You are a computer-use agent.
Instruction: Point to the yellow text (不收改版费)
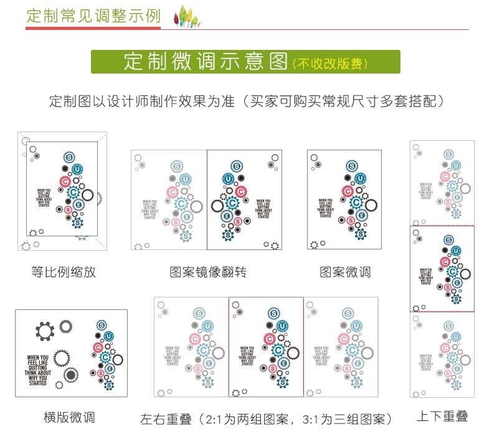[330, 63]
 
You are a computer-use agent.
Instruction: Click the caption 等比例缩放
[64, 272]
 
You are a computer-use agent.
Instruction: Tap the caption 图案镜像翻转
[208, 272]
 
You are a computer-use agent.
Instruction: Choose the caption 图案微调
[345, 272]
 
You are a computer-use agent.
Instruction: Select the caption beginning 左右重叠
[267, 418]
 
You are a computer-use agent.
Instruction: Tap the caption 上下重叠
[442, 416]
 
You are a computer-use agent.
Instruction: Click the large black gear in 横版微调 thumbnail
[44, 331]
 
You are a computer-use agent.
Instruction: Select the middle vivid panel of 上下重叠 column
[442, 269]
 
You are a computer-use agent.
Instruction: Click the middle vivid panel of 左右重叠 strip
[266, 346]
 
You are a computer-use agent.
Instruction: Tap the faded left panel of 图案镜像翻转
[169, 200]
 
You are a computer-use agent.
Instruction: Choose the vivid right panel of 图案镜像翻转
[244, 200]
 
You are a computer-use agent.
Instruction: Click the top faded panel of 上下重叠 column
[442, 183]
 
